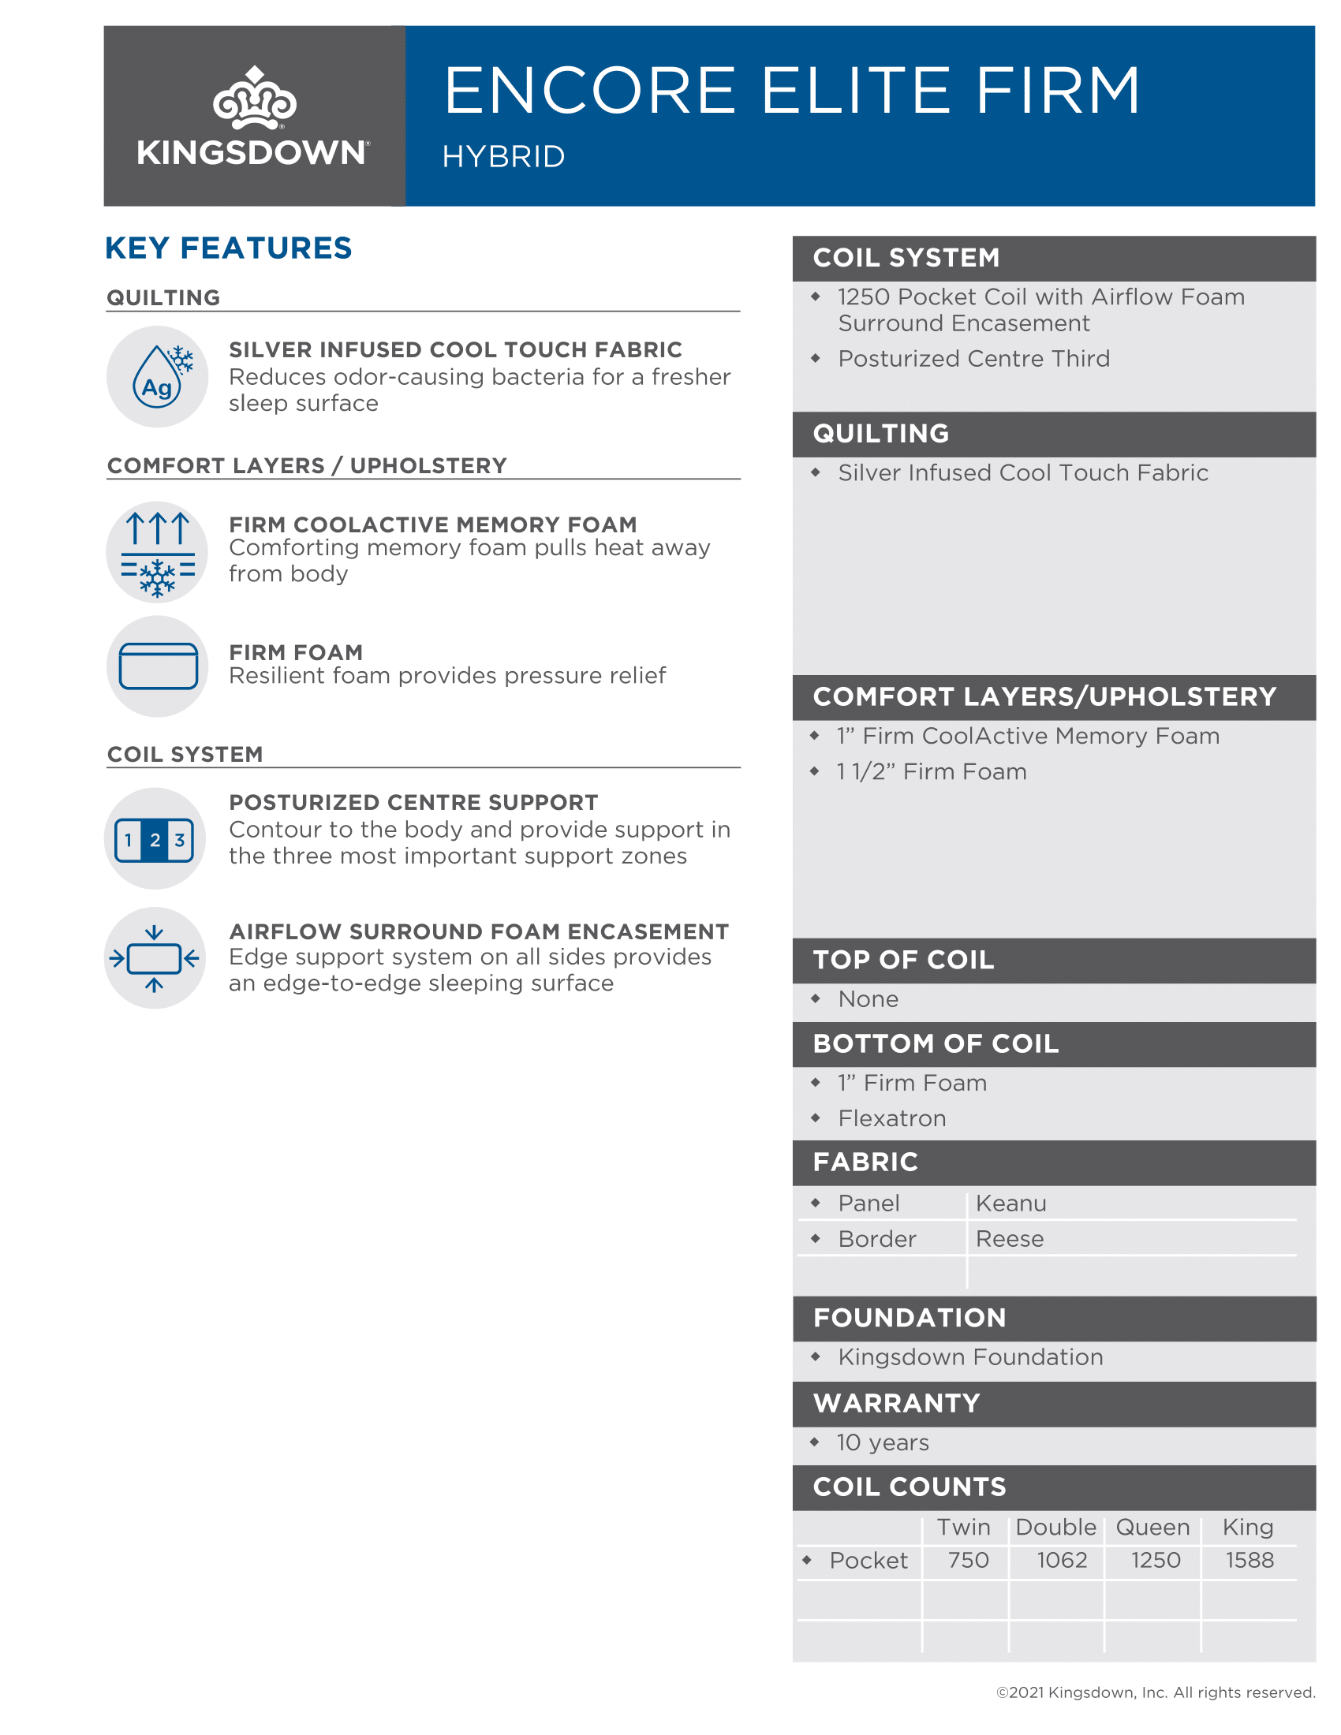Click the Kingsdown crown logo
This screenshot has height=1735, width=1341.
click(x=253, y=98)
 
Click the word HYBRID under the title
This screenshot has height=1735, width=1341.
click(x=503, y=156)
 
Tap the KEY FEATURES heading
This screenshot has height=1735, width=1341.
click(x=228, y=248)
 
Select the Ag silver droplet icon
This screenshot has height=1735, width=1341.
click(x=157, y=376)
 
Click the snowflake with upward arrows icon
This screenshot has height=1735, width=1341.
click(x=157, y=551)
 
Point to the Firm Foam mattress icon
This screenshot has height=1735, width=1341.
click(x=157, y=666)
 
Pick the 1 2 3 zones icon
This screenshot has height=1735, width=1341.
click(x=155, y=839)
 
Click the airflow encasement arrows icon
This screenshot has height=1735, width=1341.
click(x=155, y=958)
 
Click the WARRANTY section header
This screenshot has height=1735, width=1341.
click(x=896, y=1403)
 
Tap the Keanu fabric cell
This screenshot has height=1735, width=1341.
click(x=1010, y=1203)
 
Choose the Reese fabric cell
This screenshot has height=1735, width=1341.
click(x=1009, y=1238)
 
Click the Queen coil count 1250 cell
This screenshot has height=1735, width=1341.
click(x=1155, y=1560)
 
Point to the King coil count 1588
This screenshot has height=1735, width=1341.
click(x=1249, y=1560)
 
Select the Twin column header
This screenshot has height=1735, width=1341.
click(x=963, y=1527)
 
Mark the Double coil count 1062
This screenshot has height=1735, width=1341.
click(x=1061, y=1560)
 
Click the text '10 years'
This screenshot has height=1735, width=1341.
click(x=882, y=1442)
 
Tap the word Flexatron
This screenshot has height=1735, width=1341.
click(x=891, y=1118)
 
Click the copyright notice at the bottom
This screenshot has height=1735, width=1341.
click(x=1155, y=1692)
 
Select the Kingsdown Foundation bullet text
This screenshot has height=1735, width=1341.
click(x=970, y=1357)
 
